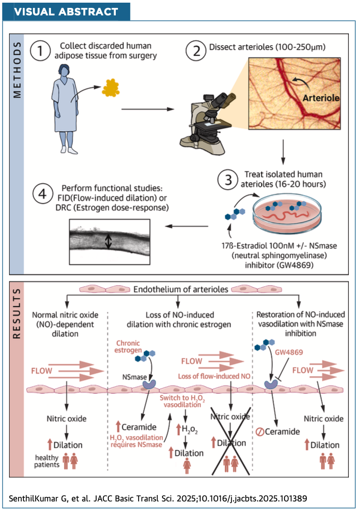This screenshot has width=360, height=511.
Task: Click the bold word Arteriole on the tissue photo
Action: [318, 98]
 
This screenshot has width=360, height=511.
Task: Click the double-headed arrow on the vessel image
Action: [108, 242]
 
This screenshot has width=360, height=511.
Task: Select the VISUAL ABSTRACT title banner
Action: [67, 12]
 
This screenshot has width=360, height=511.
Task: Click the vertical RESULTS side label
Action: [17, 313]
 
